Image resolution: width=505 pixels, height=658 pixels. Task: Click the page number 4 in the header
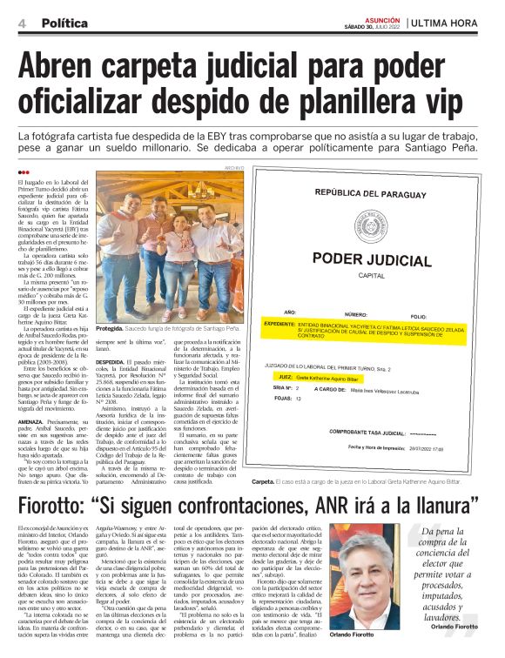coord(21,23)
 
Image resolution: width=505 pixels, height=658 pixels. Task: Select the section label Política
coord(64,23)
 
